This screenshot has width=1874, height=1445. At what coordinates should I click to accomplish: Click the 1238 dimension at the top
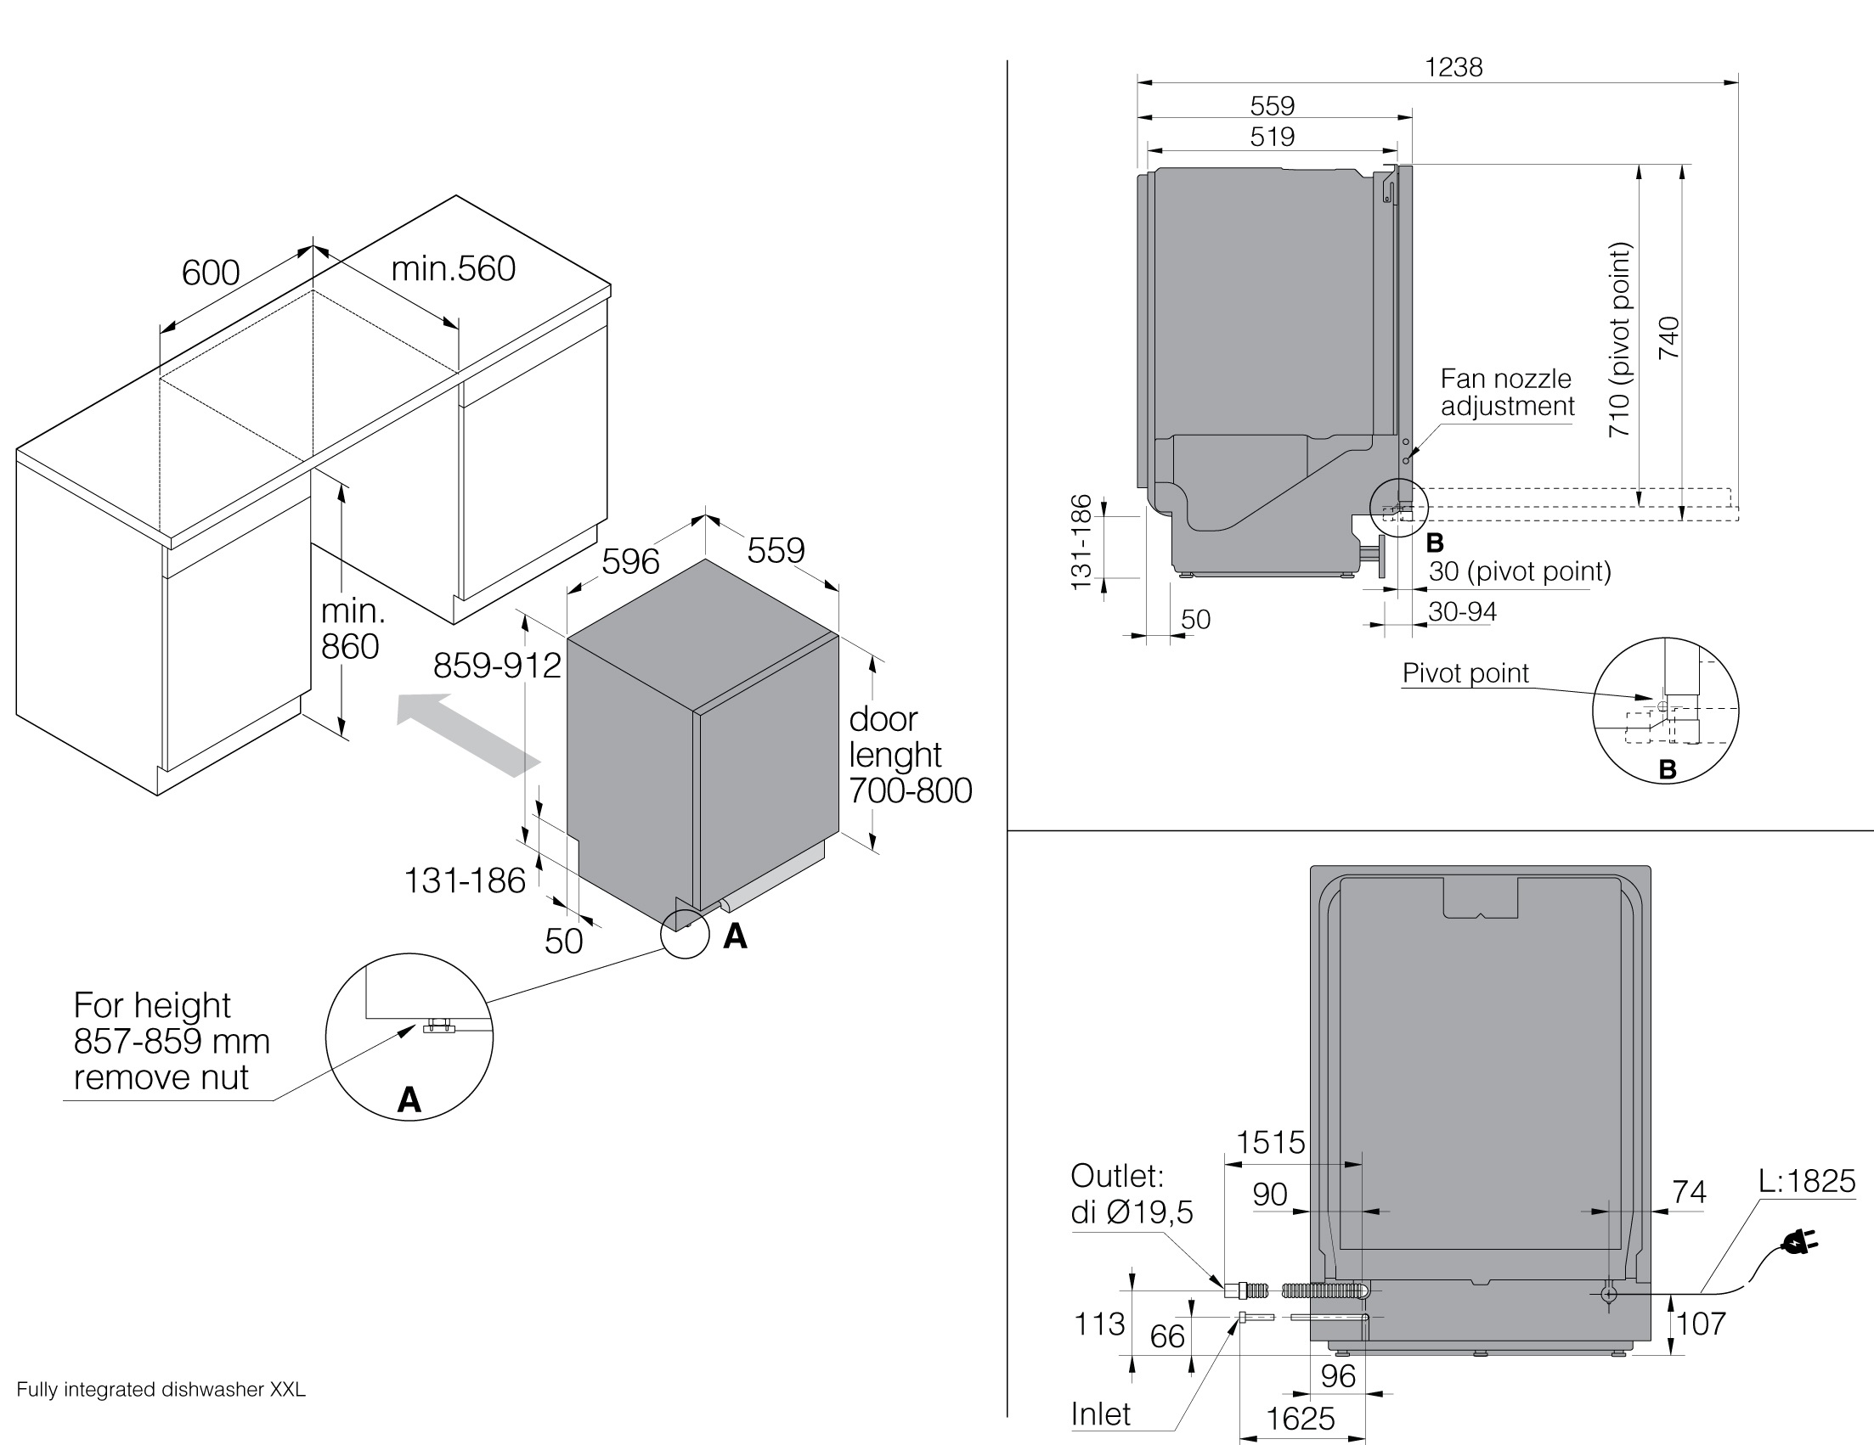pos(1453,67)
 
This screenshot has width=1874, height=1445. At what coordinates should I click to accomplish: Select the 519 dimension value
pos(1272,137)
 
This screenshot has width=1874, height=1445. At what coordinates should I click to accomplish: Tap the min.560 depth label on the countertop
pos(453,269)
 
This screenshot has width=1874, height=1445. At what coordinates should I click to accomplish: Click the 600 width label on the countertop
pos(210,273)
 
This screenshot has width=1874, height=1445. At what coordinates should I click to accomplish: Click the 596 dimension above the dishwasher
pos(629,562)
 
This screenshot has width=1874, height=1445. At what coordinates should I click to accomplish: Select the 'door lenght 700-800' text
pos(910,755)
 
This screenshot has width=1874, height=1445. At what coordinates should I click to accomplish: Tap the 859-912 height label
pos(497,666)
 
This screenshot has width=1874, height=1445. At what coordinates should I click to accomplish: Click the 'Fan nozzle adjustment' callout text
pos(1507,392)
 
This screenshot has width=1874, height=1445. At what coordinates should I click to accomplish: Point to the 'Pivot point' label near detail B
pos(1465,673)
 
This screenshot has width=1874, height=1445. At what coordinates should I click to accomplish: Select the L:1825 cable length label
pos(1806,1182)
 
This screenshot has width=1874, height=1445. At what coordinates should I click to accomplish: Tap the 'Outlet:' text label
pos(1116,1176)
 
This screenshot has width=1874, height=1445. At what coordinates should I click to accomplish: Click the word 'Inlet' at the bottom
pos(1101,1414)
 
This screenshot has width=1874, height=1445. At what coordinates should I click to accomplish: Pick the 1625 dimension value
pos(1300,1420)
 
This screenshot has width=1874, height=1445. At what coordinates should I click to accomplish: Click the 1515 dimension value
pos(1270,1143)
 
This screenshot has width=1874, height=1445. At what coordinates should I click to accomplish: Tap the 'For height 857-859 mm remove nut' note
pos(171,1041)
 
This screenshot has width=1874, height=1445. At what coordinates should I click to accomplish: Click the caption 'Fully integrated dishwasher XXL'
pos(161,1390)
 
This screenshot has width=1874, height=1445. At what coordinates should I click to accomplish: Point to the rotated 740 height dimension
pos(1668,338)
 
